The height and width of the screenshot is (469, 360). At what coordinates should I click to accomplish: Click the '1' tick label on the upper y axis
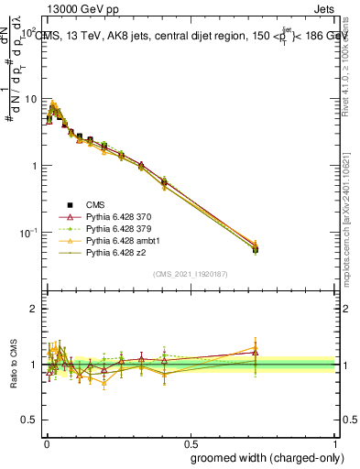pyautogui.click(x=33, y=166)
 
